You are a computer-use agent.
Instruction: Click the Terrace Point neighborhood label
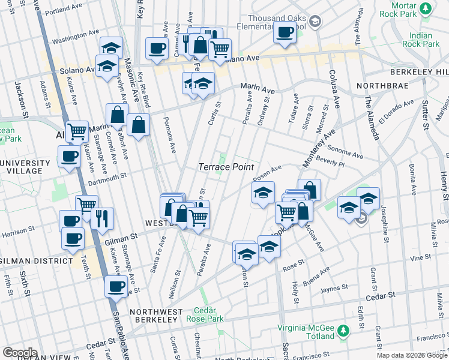[226, 167]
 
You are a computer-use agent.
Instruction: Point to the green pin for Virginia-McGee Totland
[343, 331]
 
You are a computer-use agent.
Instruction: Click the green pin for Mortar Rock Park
[426, 8]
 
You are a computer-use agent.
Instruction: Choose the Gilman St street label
[122, 239]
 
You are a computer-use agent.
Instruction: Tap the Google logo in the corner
[20, 352]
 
